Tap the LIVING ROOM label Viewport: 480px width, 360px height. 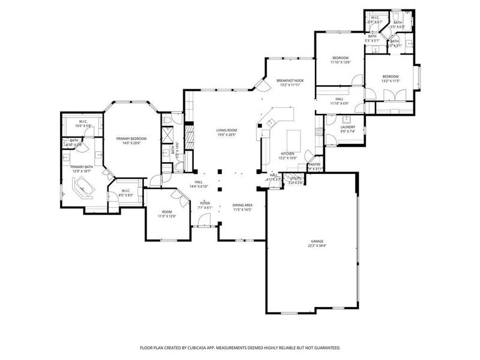[x=227, y=130]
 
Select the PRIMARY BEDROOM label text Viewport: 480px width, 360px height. [x=131, y=139]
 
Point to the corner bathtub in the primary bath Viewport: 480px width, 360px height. [x=83, y=188]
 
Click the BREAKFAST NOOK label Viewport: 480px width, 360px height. [x=290, y=80]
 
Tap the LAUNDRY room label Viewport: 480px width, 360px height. [x=347, y=127]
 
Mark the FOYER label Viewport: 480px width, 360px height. [x=205, y=203]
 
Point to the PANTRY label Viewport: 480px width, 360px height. [x=314, y=164]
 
